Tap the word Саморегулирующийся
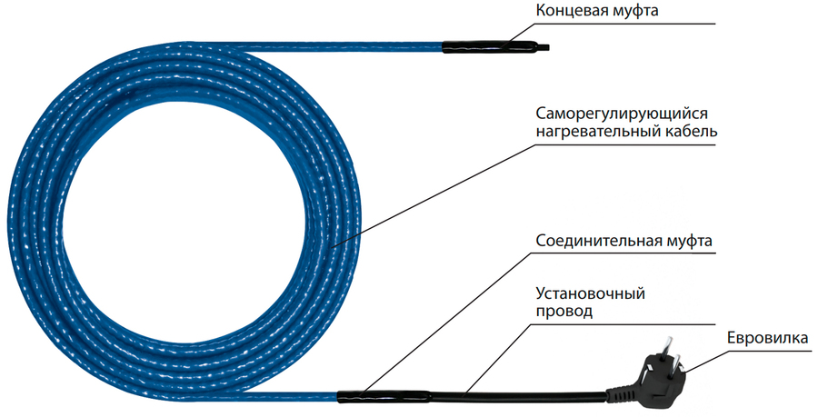pyautogui.click(x=622, y=114)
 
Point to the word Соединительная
pyautogui.click(x=596, y=242)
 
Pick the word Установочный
pyautogui.click(x=591, y=293)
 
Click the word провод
pyautogui.click(x=564, y=312)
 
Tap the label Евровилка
pyautogui.click(x=767, y=338)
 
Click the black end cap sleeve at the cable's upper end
pyautogui.click(x=489, y=46)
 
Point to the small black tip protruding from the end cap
pyautogui.click(x=544, y=48)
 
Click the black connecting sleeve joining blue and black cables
pyautogui.click(x=384, y=396)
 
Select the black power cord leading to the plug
pyautogui.click(x=519, y=397)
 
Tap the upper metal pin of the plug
pyautogui.click(x=668, y=347)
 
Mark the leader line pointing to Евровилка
pyautogui.click(x=705, y=360)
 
